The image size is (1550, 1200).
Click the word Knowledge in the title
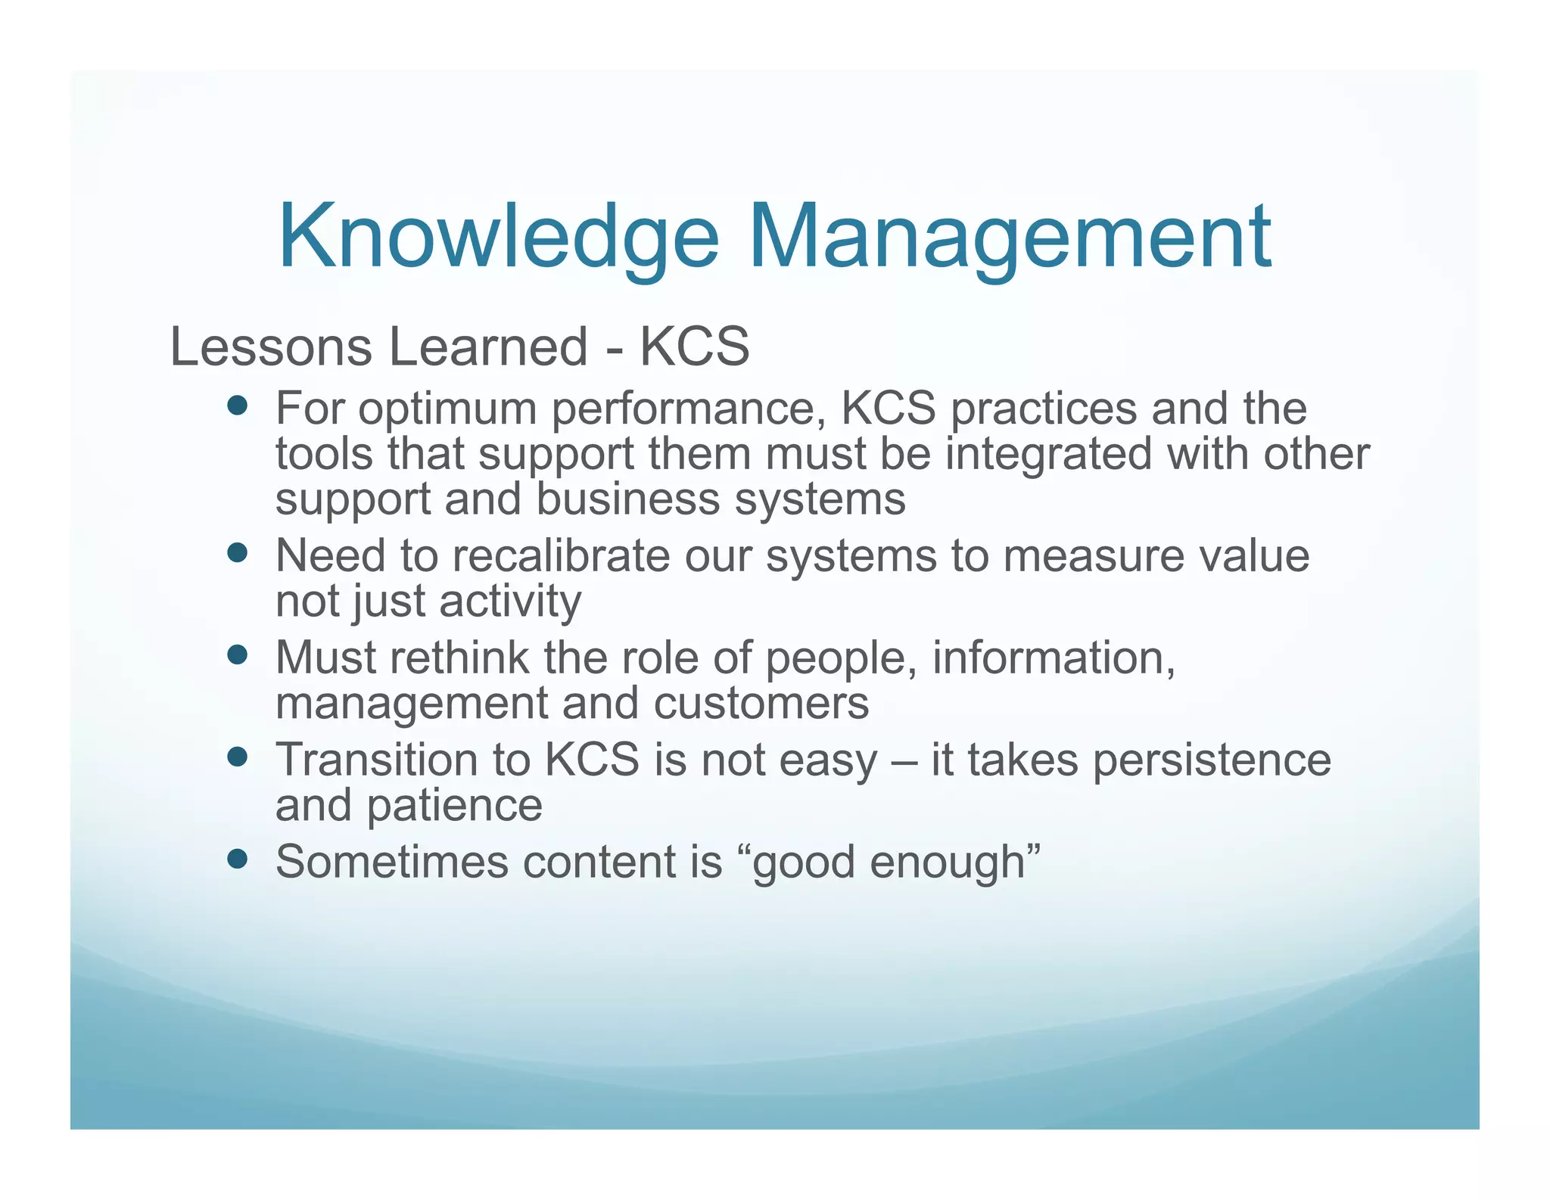(x=498, y=237)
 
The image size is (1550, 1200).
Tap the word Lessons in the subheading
(x=271, y=347)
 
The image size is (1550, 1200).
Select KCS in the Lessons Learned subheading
(x=695, y=347)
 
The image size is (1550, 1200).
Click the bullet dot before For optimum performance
(x=238, y=406)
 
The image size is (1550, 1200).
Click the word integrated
(x=1048, y=454)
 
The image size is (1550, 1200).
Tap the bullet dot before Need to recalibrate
(x=238, y=553)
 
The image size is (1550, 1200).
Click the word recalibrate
(x=571, y=555)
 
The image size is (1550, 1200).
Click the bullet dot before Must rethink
(x=238, y=654)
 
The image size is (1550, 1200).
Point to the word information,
(x=1054, y=658)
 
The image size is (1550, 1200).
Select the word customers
(x=761, y=703)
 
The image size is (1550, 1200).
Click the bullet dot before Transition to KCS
(x=238, y=757)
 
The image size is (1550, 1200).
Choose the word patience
(x=454, y=805)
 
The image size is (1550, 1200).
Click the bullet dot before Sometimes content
(x=238, y=859)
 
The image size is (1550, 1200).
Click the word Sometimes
(x=392, y=861)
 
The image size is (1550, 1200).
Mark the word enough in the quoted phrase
(x=947, y=863)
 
